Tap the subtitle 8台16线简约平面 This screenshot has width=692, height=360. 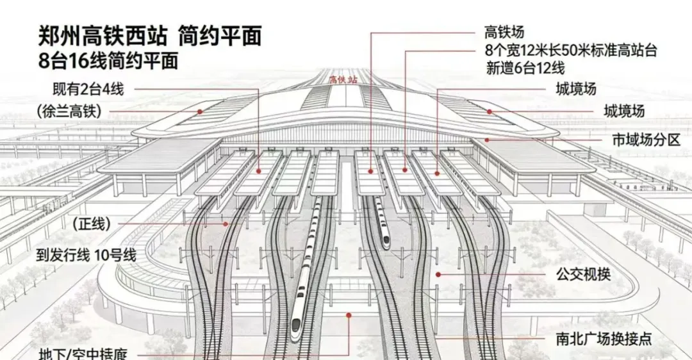108,62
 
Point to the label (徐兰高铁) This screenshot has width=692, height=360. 69,112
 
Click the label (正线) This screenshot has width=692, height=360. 92,224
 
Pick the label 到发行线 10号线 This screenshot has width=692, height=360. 87,255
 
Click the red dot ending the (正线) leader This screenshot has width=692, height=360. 227,224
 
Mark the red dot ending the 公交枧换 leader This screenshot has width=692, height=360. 438,274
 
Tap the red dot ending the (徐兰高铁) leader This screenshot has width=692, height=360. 200,111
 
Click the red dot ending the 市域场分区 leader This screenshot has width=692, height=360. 487,140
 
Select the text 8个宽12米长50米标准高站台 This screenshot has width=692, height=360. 571,50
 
